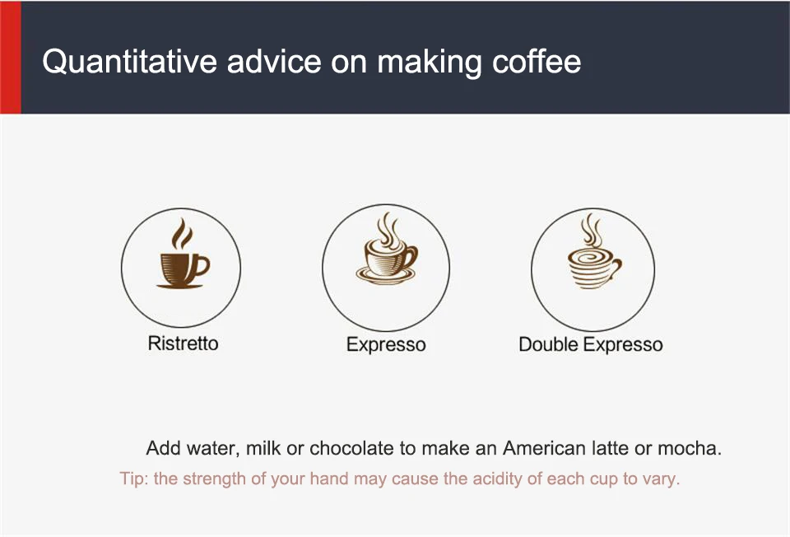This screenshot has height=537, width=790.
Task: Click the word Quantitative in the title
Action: [x=129, y=62]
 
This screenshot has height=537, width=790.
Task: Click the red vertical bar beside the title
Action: [x=11, y=57]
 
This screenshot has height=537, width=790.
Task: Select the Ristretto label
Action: [x=183, y=343]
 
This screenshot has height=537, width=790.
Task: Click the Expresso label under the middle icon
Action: [x=386, y=345]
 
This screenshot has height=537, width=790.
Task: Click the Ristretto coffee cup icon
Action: [x=182, y=254]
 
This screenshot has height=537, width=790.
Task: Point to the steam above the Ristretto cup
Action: [x=182, y=233]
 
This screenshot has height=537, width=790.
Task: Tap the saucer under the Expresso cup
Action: [x=386, y=275]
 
